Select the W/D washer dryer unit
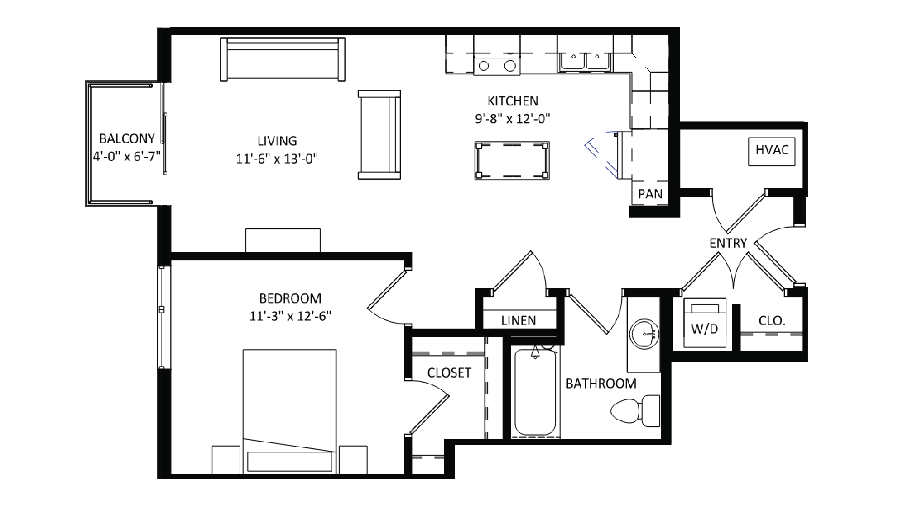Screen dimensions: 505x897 point(705,323)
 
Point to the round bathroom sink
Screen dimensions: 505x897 point(644,334)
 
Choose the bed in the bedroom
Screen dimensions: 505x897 point(289,411)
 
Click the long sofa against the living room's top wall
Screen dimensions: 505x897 point(283,59)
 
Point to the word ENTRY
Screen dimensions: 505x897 point(728,243)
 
